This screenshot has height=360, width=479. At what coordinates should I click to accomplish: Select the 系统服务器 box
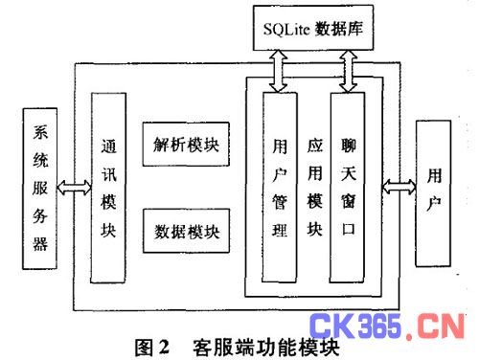(x=38, y=190)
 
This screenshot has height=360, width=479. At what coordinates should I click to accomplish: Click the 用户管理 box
(x=280, y=191)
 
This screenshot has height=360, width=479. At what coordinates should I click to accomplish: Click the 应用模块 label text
(x=313, y=191)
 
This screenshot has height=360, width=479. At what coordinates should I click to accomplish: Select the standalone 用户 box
(x=437, y=191)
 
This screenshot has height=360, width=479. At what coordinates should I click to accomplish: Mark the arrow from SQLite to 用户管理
(x=280, y=70)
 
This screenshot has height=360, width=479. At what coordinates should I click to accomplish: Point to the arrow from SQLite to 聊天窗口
(x=348, y=70)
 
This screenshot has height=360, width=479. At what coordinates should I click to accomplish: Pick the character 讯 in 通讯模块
(x=108, y=175)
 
